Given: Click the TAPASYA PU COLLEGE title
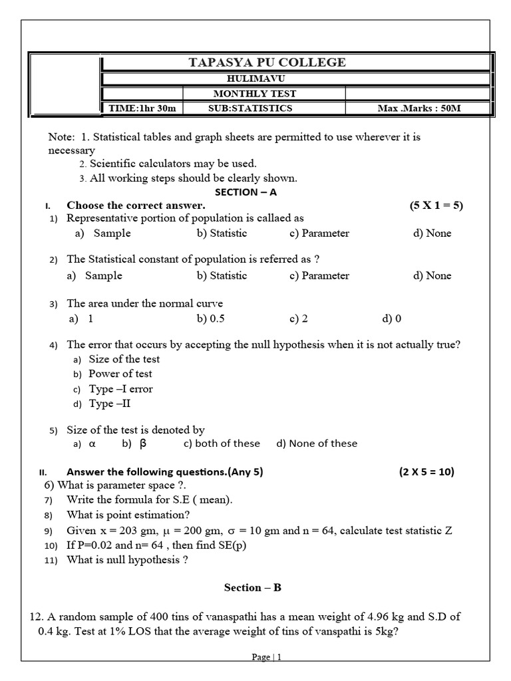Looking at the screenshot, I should coord(267,63).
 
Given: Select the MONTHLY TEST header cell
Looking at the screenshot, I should coord(264,94).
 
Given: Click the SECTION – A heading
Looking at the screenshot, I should coord(245,192).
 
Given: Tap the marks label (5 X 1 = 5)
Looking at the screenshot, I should coord(436,205).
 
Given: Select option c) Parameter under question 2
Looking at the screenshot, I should coord(319,275).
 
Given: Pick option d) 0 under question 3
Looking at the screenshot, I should coord(392,318).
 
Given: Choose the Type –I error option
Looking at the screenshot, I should coord(120,389).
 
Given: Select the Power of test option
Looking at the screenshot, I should coord(120,374).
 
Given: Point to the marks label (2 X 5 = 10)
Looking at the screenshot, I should coord(426,472).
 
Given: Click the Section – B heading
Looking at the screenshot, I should coord(253,587).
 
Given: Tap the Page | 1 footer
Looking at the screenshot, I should coord(267,657).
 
